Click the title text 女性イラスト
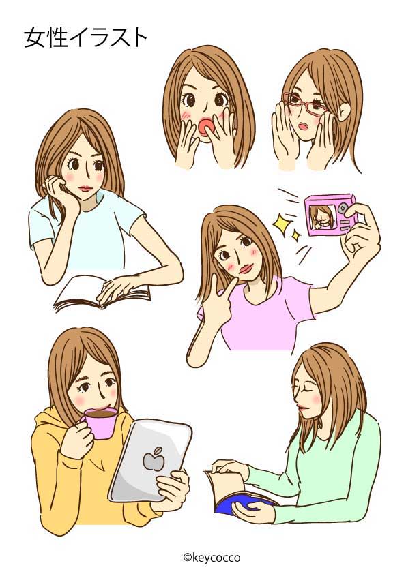(x=85, y=38)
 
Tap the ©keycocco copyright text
(x=212, y=557)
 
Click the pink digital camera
(x=328, y=215)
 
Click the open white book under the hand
(x=102, y=293)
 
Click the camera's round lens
(x=343, y=209)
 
